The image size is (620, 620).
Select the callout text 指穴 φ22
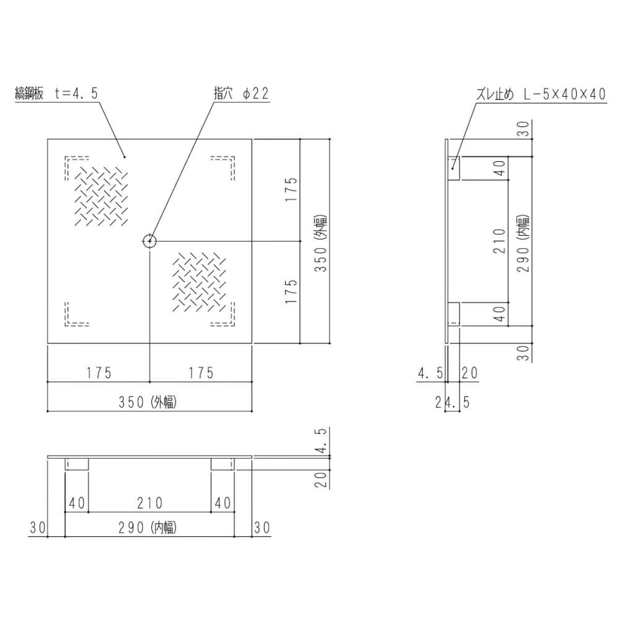(241, 94)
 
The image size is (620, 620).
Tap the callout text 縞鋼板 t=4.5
(56, 94)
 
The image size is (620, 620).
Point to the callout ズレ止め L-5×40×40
(541, 94)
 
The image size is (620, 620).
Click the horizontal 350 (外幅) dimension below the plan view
(148, 402)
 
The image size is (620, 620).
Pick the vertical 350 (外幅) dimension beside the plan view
(321, 243)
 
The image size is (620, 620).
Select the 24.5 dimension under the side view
(453, 402)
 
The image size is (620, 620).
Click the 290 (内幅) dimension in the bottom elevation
(148, 528)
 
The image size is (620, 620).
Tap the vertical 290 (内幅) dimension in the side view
(523, 243)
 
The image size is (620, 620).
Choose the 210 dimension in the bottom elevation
(150, 503)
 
